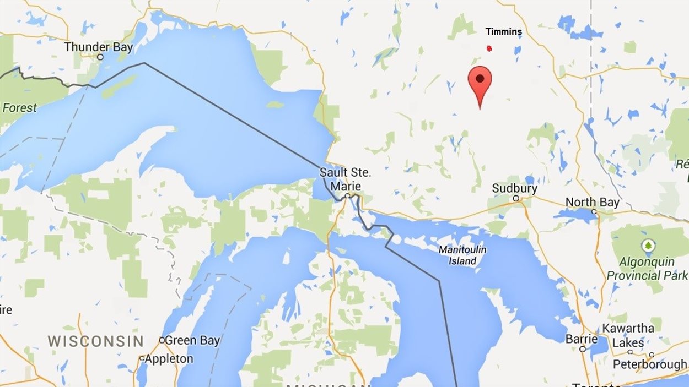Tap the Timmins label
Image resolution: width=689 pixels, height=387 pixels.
503,32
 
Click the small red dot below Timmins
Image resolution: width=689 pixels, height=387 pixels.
489,48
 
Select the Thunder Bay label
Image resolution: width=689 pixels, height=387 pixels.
99,47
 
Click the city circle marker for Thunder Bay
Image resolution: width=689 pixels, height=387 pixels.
100,57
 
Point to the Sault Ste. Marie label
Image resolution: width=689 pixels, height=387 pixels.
346,179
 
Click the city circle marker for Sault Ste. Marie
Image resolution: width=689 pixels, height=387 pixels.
348,195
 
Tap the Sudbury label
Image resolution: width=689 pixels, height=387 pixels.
514,188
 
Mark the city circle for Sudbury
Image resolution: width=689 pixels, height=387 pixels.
516,198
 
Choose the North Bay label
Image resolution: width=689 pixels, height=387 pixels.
593,203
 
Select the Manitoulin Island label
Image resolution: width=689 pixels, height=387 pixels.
462,255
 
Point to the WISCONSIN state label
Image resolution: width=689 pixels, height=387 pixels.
95,341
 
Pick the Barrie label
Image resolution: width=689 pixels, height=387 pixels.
582,339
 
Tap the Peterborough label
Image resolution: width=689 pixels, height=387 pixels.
650,364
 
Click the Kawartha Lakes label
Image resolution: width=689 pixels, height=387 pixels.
628,335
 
